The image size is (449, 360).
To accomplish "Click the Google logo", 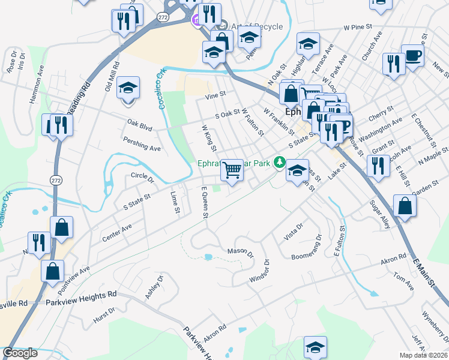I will (20, 353).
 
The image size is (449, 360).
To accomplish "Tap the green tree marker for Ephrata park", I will (279, 162).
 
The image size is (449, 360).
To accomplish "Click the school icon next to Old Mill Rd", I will (128, 88).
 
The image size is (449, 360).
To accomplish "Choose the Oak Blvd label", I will (139, 125).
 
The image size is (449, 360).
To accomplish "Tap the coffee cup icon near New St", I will (412, 56).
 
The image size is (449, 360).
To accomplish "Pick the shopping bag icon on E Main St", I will (405, 205).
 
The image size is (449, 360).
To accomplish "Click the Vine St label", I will (214, 95).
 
